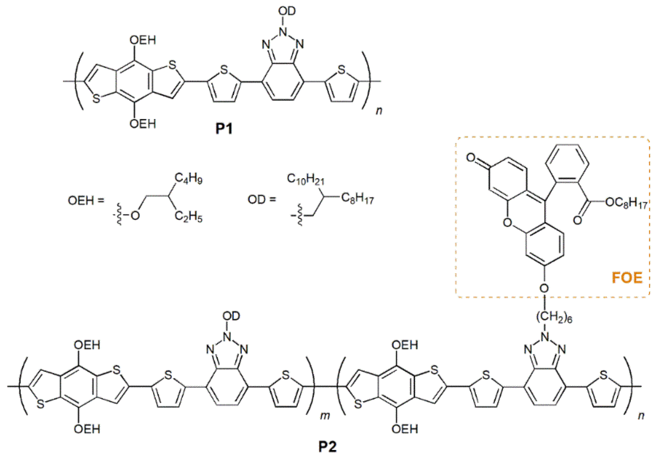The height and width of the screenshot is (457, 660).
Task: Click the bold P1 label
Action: point(224,129)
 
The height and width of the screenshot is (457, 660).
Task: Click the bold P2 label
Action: point(328,446)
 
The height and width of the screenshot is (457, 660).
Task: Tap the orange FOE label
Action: point(627,278)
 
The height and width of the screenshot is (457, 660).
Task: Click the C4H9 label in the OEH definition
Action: point(189,178)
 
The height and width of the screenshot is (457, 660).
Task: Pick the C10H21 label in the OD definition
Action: point(305,179)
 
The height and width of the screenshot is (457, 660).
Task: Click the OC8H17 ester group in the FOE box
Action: point(626,203)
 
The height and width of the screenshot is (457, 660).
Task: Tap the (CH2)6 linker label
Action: point(554,318)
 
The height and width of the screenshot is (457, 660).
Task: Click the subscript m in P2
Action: point(325,415)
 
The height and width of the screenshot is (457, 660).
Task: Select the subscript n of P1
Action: point(379,111)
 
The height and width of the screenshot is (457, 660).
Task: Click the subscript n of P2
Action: point(641,415)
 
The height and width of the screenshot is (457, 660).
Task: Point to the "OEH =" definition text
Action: point(86,200)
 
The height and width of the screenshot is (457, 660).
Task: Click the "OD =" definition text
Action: point(262,199)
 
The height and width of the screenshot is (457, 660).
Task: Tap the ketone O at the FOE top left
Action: point(471,158)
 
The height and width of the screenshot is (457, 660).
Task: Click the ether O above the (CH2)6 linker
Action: point(544,288)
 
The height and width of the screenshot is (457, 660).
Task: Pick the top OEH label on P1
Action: point(143,40)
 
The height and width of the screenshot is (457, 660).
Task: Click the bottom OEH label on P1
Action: point(143,124)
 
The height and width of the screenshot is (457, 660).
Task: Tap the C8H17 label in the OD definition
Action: point(357,198)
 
